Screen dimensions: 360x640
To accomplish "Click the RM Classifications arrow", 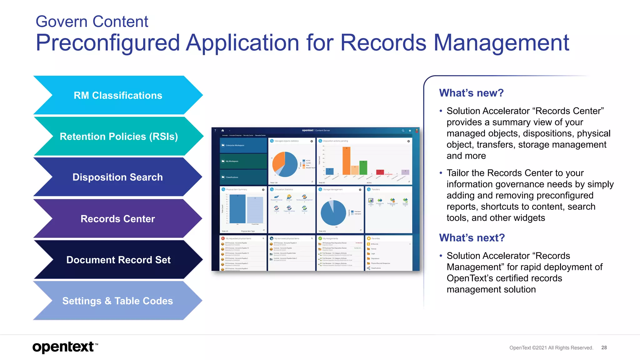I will coord(118,95).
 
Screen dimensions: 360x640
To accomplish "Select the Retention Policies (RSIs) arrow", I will coord(118,137).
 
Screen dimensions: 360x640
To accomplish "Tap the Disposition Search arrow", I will coord(117,177).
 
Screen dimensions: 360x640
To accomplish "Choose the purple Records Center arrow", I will coord(117,219).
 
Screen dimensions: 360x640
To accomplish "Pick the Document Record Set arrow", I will coord(118,260).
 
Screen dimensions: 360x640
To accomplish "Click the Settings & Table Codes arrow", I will coord(117,301).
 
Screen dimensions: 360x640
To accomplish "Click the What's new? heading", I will coord(471,93).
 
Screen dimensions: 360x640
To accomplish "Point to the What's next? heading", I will coord(472,238).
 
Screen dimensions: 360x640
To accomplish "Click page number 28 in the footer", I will coord(604,347).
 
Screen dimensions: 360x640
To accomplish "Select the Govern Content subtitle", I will coord(92,22).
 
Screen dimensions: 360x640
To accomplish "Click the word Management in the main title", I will coord(501,43).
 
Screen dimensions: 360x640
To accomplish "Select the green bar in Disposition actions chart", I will coord(363,168).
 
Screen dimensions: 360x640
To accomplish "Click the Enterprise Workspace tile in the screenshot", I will coord(243,145).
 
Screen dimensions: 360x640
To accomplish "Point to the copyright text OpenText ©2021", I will coord(551,347).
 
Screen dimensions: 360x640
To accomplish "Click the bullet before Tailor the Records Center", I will coord(441,173).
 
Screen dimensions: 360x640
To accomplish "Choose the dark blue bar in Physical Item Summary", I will coord(237,209).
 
